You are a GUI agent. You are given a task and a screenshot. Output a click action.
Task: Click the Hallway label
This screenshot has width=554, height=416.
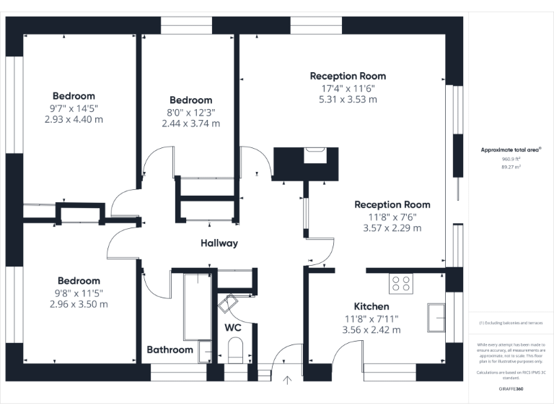point(219,243)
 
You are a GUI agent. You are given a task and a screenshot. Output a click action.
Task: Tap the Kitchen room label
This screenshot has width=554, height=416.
point(371,306)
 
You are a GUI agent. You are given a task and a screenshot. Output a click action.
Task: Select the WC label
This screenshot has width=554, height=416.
point(233,327)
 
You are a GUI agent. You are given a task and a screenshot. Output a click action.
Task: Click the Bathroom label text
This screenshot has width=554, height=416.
point(170,350)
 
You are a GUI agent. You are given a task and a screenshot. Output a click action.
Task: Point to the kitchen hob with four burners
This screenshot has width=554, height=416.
point(401,283)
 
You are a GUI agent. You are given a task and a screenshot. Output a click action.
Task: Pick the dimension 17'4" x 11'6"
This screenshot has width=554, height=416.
point(348,88)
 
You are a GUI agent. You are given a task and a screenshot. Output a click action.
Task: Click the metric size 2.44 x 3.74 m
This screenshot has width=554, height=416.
point(190,123)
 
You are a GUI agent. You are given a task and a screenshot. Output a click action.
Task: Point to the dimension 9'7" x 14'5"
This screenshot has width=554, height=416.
point(74,108)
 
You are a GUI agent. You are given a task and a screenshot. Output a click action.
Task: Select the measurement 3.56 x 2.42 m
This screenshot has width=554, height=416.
point(371,330)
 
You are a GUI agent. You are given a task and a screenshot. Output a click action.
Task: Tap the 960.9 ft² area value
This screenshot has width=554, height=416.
point(511,159)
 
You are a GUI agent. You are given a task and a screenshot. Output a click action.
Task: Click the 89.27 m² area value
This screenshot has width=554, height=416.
point(511,166)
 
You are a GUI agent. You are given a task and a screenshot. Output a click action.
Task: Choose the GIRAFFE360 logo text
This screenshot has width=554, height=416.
point(511,389)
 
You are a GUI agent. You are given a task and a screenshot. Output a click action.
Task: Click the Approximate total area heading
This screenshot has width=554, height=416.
point(511,149)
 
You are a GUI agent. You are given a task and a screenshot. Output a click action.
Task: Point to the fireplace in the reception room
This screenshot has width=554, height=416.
point(315,154)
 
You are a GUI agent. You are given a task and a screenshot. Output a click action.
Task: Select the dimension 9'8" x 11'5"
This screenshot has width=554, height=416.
point(79,292)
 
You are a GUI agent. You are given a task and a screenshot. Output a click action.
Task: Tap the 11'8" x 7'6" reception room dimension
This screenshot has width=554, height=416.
point(392,217)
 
